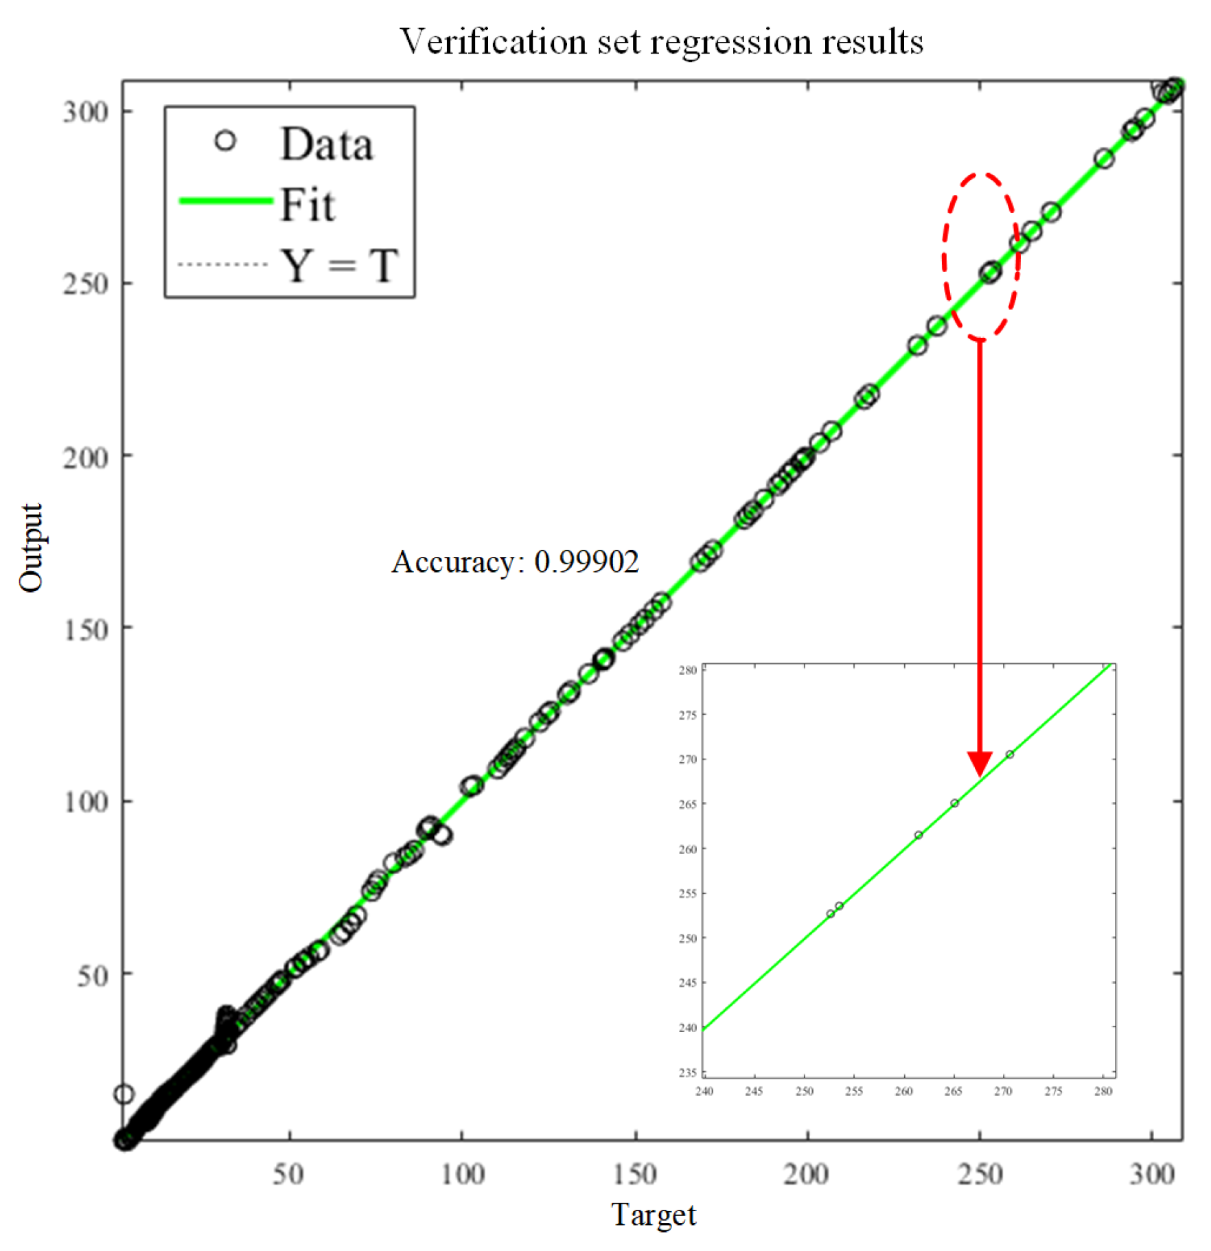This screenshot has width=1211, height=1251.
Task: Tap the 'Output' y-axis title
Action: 31,548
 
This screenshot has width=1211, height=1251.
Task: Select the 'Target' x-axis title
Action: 653,1213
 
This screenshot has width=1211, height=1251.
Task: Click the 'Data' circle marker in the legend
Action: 225,141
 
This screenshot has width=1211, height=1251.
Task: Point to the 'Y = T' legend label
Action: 339,265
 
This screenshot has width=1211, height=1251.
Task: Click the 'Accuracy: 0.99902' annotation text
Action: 515,562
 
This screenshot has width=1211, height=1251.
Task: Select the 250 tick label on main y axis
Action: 86,284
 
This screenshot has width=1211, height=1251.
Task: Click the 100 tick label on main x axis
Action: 462,1174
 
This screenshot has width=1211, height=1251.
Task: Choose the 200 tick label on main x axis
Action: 807,1174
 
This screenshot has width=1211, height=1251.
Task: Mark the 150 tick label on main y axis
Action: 86,629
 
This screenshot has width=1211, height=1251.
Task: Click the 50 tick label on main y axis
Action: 93,975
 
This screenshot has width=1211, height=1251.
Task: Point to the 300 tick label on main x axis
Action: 1152,1174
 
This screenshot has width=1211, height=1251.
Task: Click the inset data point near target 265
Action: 954,803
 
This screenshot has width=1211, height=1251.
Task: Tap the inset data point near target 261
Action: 919,835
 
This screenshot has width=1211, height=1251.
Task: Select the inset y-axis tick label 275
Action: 687,715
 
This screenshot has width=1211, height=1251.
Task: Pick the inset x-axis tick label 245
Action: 754,1091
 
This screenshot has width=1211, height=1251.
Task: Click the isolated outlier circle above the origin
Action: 124,1094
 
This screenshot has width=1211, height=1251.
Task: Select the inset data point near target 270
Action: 1010,755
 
